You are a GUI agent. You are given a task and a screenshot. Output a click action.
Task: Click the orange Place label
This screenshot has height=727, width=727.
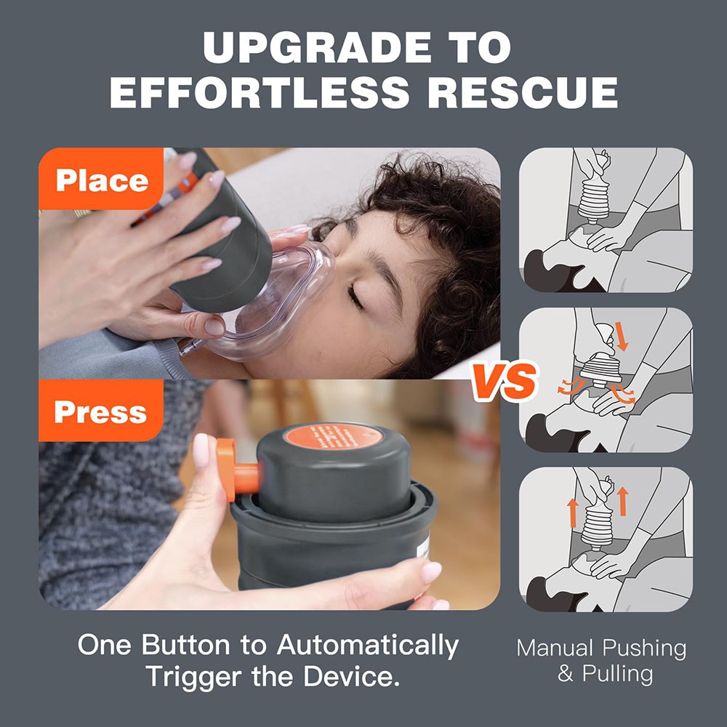point(102,180)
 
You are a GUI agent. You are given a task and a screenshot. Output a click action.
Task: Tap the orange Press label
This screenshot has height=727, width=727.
point(100,411)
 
